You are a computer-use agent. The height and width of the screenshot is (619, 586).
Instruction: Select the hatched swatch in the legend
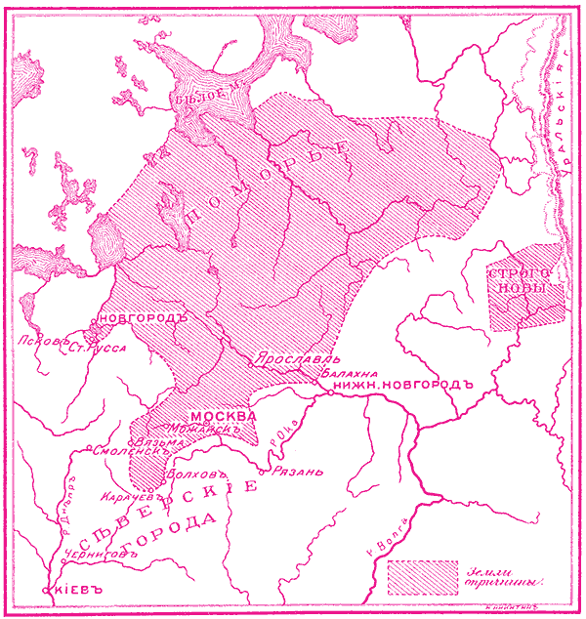423,577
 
